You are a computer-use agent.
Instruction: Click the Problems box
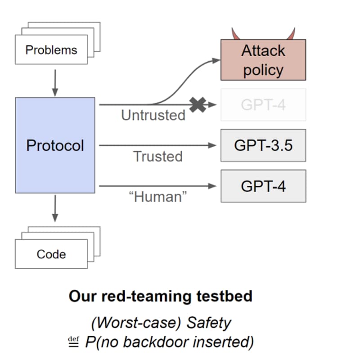[x=51, y=49]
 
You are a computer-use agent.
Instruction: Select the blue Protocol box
[x=55, y=145]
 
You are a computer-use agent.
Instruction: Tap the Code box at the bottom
[x=51, y=254]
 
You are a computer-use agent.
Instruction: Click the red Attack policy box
[x=263, y=60]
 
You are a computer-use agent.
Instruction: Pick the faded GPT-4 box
[x=263, y=105]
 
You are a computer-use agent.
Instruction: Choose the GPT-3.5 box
[x=263, y=145]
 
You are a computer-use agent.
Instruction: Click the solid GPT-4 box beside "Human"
[x=263, y=186]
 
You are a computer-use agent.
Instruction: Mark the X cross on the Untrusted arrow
[x=197, y=104]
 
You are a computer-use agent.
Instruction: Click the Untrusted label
[x=153, y=115]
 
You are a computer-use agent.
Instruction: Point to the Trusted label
[x=157, y=156]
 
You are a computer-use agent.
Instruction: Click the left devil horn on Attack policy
[x=234, y=34]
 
